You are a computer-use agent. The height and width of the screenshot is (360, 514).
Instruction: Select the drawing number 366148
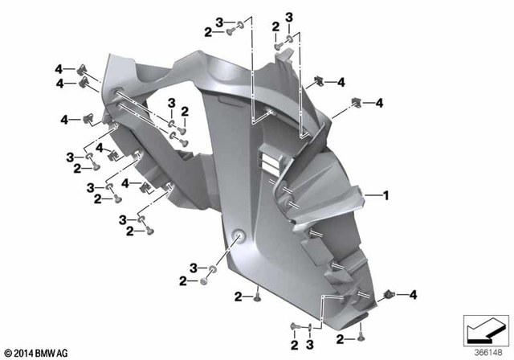tap(484, 352)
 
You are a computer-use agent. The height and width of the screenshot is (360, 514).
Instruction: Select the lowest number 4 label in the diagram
tap(413, 294)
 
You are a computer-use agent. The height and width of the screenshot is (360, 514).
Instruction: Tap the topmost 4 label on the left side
tap(59, 69)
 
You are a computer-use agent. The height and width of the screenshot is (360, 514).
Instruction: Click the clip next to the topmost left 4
tap(82, 69)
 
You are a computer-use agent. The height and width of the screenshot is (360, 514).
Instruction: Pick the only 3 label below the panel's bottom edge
tap(309, 345)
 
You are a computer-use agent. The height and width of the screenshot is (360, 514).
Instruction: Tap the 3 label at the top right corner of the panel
tap(288, 16)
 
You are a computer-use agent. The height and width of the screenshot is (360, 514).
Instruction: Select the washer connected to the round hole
tap(212, 268)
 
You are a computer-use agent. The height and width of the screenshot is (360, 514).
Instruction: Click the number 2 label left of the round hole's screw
tap(183, 280)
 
